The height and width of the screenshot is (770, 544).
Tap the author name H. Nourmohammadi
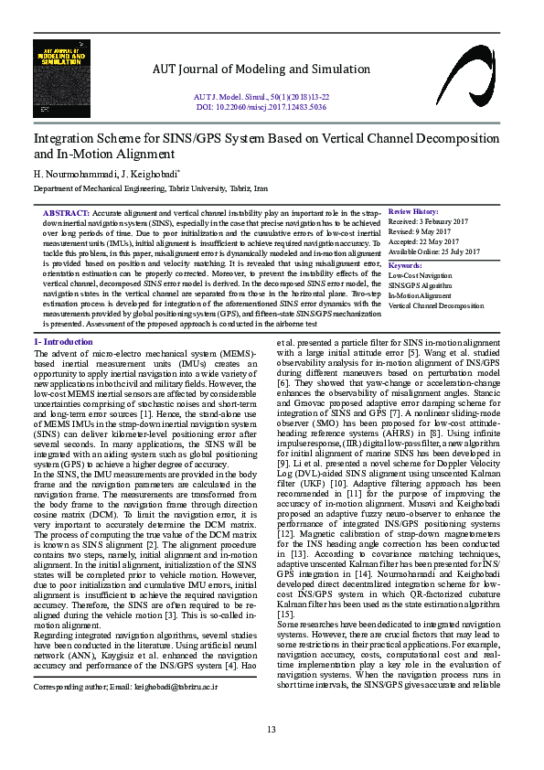tap(68, 174)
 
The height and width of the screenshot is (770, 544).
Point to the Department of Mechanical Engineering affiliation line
tap(151, 187)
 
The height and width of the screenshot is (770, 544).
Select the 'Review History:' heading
tap(413, 211)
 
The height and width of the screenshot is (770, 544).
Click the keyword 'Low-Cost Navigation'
tap(421, 274)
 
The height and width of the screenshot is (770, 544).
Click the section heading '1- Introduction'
tap(64, 341)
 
